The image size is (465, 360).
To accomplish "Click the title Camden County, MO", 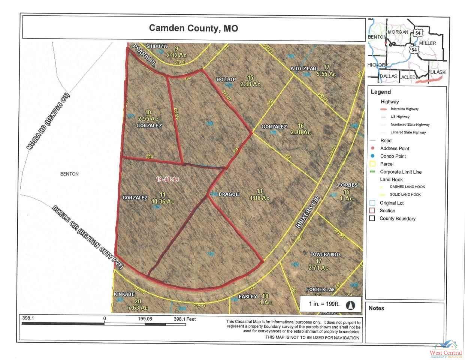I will (x=193, y=28).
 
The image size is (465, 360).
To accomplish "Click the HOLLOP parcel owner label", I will (x=226, y=79).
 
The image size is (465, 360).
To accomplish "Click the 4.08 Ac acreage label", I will (x=259, y=198).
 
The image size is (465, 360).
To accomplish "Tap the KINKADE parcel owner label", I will (x=124, y=294).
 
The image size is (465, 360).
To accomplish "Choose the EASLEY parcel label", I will (x=248, y=297).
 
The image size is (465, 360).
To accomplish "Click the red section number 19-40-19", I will (x=167, y=179).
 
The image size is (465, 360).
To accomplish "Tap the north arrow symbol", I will (x=351, y=305).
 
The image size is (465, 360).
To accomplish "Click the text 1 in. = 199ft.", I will (x=324, y=304).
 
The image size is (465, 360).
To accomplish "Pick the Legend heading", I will (x=380, y=92).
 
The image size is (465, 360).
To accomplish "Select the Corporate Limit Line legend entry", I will (x=401, y=172).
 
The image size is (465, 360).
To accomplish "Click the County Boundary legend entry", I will (x=397, y=219).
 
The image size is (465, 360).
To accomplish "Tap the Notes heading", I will (x=376, y=308).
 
